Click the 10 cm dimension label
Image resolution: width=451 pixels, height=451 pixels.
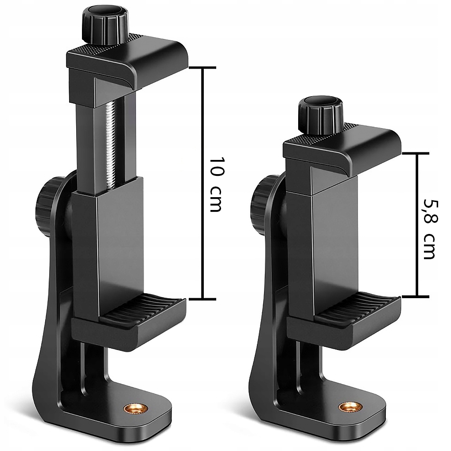[216, 184]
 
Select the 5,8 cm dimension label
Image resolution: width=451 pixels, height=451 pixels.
[429, 228]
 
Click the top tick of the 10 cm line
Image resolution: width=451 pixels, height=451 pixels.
[202, 68]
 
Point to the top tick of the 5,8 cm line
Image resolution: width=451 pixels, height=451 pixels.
[416, 153]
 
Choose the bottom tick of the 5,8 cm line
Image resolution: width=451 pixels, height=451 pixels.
[416, 296]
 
